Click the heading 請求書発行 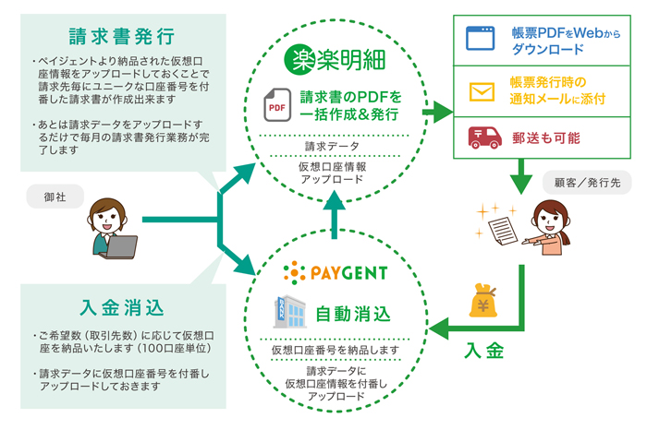point(121,37)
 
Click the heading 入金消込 point(121,306)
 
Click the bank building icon point(287,310)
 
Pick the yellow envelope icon point(481,92)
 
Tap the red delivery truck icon point(481,137)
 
